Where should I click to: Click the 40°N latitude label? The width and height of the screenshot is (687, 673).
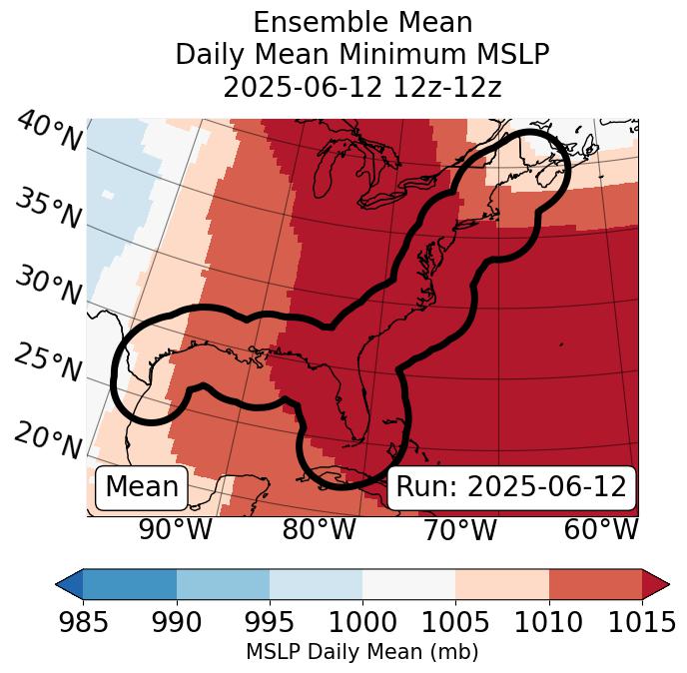pyautogui.click(x=49, y=132)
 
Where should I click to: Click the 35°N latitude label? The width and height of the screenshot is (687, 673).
pyautogui.click(x=48, y=208)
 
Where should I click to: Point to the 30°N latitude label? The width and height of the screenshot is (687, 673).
pyautogui.click(x=48, y=286)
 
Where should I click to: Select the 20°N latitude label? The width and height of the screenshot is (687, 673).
pyautogui.click(x=48, y=439)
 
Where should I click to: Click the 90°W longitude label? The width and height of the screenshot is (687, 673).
pyautogui.click(x=176, y=529)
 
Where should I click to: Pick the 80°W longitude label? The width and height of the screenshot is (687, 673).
pyautogui.click(x=319, y=529)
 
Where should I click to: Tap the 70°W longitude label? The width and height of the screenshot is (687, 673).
pyautogui.click(x=459, y=529)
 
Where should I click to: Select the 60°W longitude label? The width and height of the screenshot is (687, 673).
pyautogui.click(x=601, y=529)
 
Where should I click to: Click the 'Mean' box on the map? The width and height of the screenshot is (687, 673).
pyautogui.click(x=142, y=487)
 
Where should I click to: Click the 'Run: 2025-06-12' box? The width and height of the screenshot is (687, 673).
pyautogui.click(x=511, y=487)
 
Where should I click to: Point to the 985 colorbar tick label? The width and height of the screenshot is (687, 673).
pyautogui.click(x=84, y=622)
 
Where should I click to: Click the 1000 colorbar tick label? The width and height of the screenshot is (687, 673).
pyautogui.click(x=362, y=622)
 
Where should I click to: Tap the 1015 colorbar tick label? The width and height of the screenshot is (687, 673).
pyautogui.click(x=641, y=622)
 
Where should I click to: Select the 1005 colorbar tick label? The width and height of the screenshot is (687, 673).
pyautogui.click(x=455, y=622)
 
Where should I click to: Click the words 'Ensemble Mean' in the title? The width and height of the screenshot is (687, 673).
pyautogui.click(x=362, y=22)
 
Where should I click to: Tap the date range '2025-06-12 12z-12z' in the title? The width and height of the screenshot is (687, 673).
pyautogui.click(x=362, y=87)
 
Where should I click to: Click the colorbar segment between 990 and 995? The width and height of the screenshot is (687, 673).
pyautogui.click(x=223, y=583)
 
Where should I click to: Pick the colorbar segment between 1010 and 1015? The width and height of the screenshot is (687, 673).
pyautogui.click(x=594, y=583)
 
